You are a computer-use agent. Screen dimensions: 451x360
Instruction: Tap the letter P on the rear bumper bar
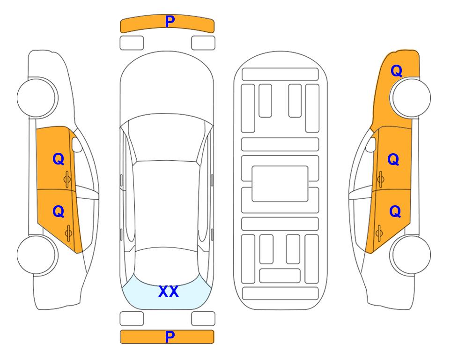point(170,337)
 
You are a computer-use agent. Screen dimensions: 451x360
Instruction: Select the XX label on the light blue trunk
point(169,292)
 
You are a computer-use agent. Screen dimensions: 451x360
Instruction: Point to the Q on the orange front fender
point(396,71)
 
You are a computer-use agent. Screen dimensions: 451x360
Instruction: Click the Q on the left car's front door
point(59,159)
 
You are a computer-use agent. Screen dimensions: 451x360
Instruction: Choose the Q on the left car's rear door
point(59,212)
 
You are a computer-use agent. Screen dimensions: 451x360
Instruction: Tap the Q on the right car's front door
point(393,159)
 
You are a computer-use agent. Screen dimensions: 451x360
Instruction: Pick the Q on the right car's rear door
point(395,212)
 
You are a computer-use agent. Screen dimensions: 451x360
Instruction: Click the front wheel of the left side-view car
point(37,97)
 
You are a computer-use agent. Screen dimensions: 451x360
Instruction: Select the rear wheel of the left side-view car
point(37,255)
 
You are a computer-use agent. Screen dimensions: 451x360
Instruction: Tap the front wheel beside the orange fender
point(411,97)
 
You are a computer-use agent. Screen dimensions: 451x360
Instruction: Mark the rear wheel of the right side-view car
point(411,255)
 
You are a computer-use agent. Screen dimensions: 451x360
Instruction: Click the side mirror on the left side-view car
point(77,145)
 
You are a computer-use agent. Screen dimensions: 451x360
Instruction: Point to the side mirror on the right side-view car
point(370,145)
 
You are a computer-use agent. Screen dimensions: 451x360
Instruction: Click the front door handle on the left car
point(67,180)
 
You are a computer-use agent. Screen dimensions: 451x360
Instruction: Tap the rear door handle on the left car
point(68,233)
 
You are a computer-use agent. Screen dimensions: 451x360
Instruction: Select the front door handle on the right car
point(381,180)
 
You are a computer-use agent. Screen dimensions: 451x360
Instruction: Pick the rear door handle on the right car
point(379,233)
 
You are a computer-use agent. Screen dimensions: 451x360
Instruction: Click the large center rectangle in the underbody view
point(280,184)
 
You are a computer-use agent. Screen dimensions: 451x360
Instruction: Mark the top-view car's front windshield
point(166,138)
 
